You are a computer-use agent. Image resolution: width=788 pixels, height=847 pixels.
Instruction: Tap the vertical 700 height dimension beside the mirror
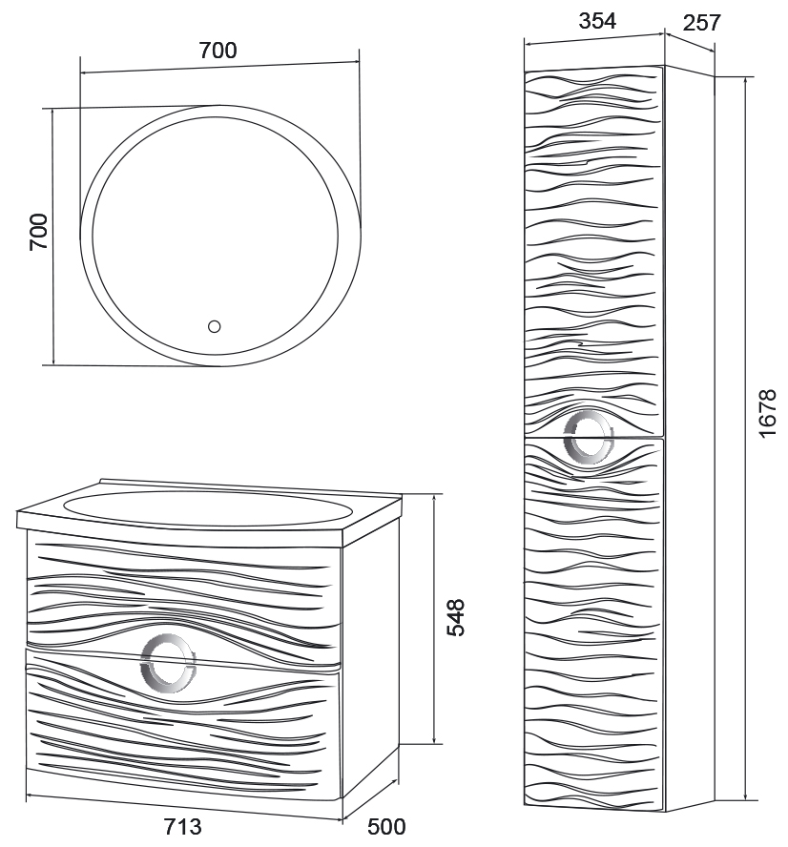click(38, 233)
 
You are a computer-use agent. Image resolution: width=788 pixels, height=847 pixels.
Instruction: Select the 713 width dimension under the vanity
click(183, 825)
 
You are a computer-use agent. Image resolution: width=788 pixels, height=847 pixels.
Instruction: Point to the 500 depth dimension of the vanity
click(386, 825)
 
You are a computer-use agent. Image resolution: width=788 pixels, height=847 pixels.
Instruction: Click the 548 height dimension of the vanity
click(456, 617)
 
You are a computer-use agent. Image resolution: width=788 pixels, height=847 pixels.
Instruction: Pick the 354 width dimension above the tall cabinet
click(598, 21)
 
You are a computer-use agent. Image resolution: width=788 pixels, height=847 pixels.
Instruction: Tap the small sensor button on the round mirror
click(214, 327)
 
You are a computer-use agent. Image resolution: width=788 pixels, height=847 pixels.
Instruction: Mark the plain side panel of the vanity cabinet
click(372, 658)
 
